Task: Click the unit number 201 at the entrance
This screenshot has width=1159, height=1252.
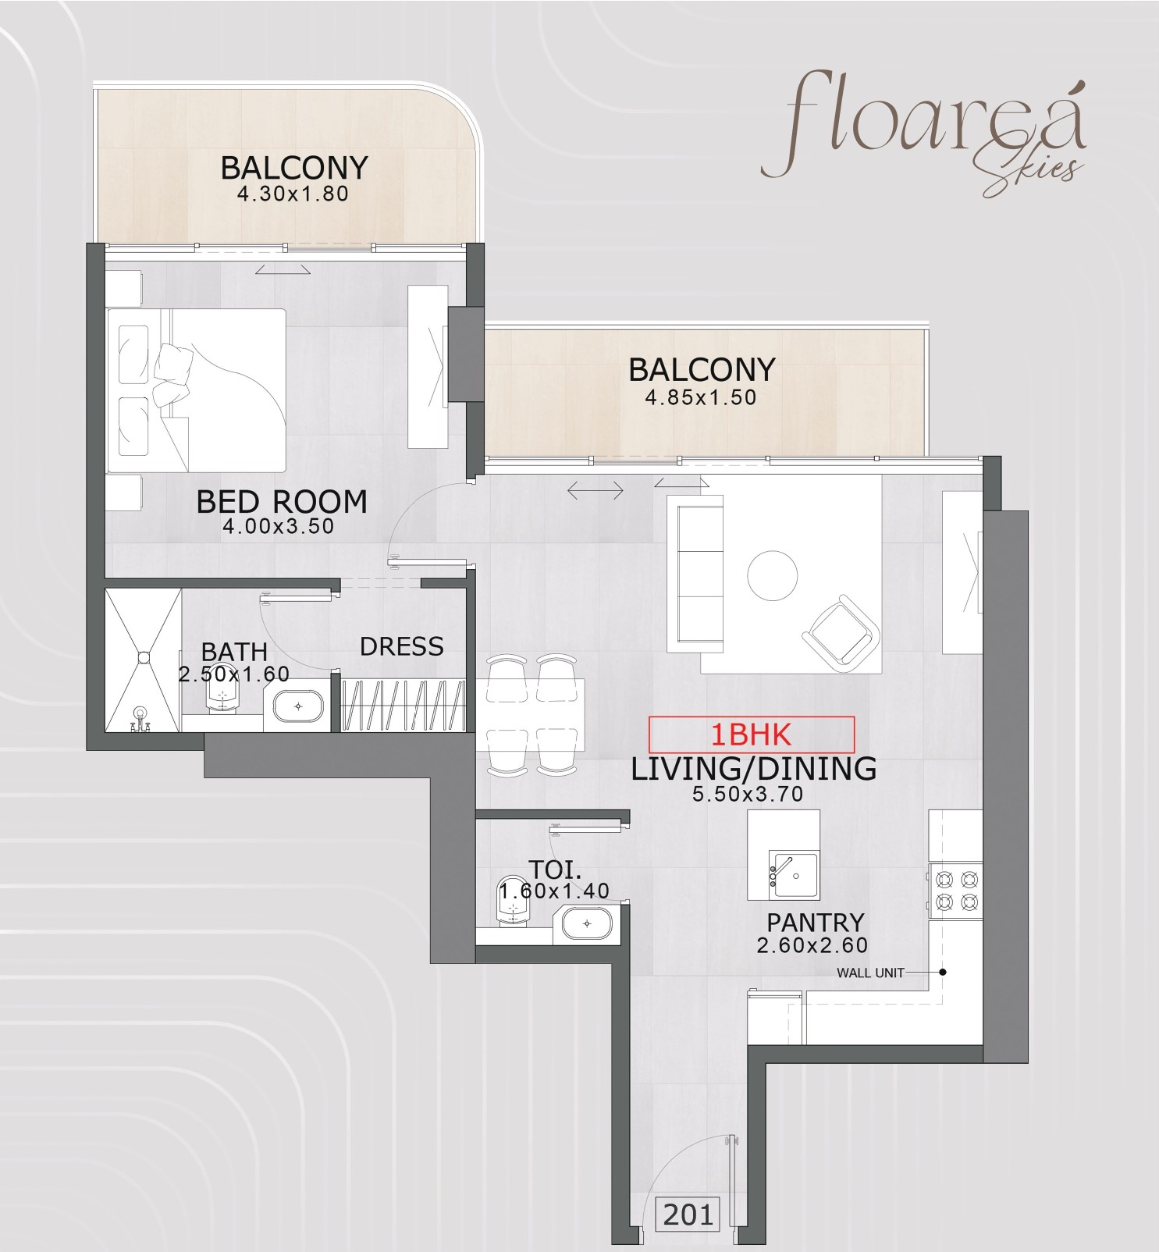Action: pos(688,1215)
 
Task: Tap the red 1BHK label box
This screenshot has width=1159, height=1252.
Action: pos(751,734)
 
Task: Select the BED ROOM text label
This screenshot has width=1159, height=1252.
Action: pos(282,501)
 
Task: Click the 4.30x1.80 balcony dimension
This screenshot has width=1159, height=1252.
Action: pos(293,194)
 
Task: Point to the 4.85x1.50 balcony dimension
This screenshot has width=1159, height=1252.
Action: pos(700,397)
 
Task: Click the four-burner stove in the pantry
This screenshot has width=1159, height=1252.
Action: pos(956,891)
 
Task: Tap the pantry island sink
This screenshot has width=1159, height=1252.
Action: pos(795,876)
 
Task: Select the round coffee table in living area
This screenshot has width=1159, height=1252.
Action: pos(773,575)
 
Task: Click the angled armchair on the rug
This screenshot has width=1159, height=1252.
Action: pos(841,633)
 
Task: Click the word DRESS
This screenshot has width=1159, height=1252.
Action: pos(401,646)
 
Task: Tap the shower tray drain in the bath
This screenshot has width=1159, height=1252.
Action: pos(144,657)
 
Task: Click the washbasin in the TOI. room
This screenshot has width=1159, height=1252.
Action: pos(587,924)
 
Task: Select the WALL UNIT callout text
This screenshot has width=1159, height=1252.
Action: pos(869,973)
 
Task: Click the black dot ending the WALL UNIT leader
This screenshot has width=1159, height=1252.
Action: pos(943,973)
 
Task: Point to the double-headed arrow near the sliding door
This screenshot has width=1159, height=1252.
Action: pos(595,491)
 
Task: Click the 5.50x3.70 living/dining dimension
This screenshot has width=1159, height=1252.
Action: pos(748,795)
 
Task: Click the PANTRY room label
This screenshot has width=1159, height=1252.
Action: pos(815,922)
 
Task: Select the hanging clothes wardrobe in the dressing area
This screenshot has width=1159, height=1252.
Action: pos(404,704)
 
